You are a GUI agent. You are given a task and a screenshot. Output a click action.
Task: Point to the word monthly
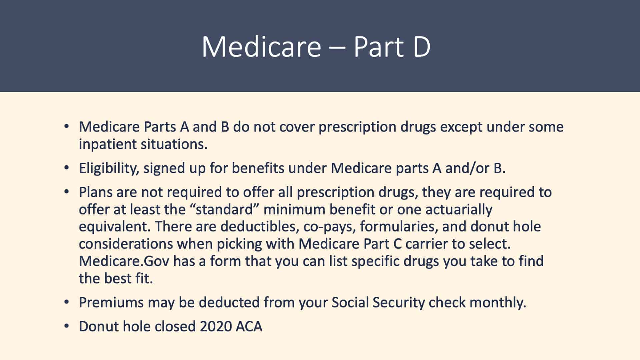click(498, 303)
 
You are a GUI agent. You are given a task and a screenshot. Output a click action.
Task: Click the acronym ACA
click(249, 327)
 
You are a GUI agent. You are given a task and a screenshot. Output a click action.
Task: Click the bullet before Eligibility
click(67, 168)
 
